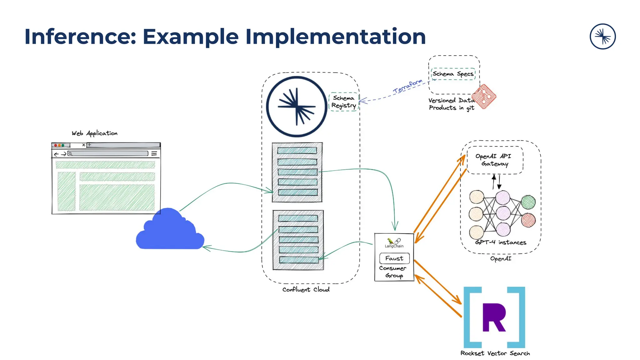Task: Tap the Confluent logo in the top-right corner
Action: tap(602, 37)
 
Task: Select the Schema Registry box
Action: tap(344, 102)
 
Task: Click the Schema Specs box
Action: tap(453, 74)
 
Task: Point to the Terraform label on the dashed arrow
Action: tap(407, 87)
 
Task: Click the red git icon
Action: tap(484, 96)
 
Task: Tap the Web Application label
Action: tap(95, 133)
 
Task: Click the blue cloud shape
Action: tap(170, 231)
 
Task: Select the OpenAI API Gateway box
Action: tap(495, 160)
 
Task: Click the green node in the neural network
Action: tap(528, 202)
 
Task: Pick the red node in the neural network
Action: tap(528, 220)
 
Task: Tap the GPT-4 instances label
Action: tap(501, 242)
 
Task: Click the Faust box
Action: tap(394, 258)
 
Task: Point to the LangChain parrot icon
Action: tap(391, 241)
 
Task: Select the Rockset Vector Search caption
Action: tap(495, 353)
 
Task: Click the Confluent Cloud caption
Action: tap(306, 290)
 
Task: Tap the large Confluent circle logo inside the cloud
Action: tap(297, 107)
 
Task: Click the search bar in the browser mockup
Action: tap(108, 153)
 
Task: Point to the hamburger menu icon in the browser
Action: tap(154, 153)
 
